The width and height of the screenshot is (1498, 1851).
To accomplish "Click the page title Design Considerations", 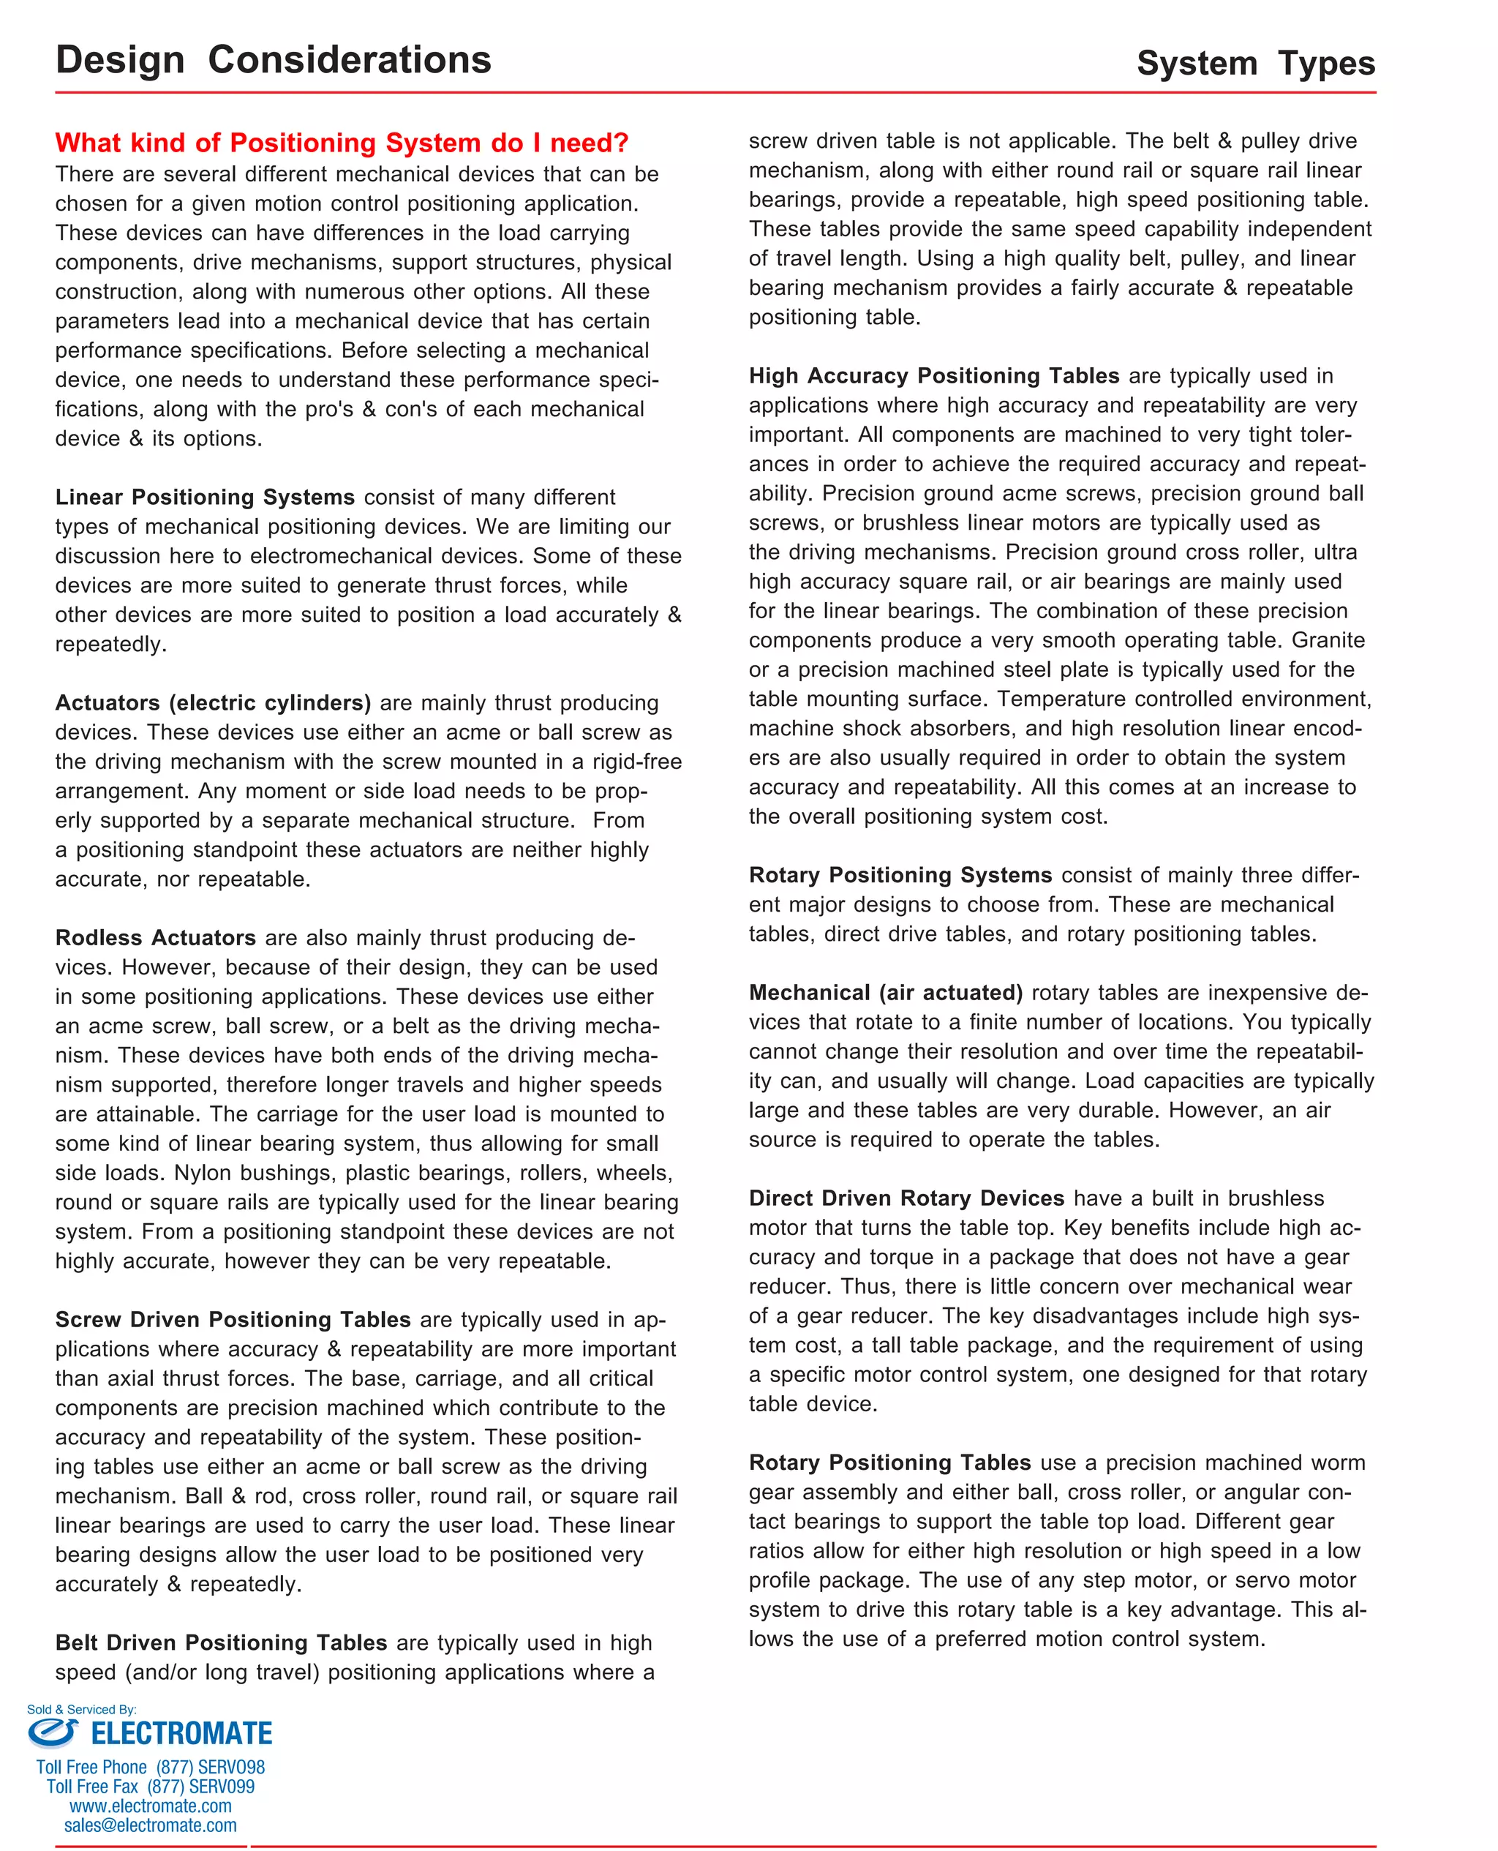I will coord(273,61).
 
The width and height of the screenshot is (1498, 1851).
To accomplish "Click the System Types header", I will coord(1254,64).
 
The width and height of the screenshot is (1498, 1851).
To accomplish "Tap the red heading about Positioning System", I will coord(342,143).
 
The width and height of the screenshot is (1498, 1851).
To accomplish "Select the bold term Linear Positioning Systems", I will coord(205,497).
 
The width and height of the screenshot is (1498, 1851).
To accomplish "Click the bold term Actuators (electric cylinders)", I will coord(212,702).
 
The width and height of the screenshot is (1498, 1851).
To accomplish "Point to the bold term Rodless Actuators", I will coord(155,937).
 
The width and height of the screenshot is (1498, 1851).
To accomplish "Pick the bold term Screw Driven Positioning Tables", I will coord(233,1319).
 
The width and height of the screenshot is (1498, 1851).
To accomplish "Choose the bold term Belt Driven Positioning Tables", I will coord(221,1642).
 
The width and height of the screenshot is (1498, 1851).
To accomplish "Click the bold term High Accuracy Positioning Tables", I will coord(933,375).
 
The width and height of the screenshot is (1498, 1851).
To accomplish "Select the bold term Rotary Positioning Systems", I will coord(900,875).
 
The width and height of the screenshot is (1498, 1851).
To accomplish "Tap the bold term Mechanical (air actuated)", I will coord(885,992).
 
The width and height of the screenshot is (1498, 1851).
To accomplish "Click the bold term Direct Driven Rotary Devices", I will coord(906,1198).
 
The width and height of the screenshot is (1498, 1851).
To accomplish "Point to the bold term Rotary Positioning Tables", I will coord(889,1462).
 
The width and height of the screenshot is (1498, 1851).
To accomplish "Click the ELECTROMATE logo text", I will coord(181,1734).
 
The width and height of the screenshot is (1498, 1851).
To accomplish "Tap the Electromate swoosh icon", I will coord(52,1732).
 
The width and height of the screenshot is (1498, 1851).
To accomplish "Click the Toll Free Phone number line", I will coord(150,1768).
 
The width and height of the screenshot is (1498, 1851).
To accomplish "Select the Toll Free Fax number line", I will coord(150,1787).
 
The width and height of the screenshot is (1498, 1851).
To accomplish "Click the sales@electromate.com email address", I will coord(150,1825).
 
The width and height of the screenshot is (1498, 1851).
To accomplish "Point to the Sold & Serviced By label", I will coord(81,1710).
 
